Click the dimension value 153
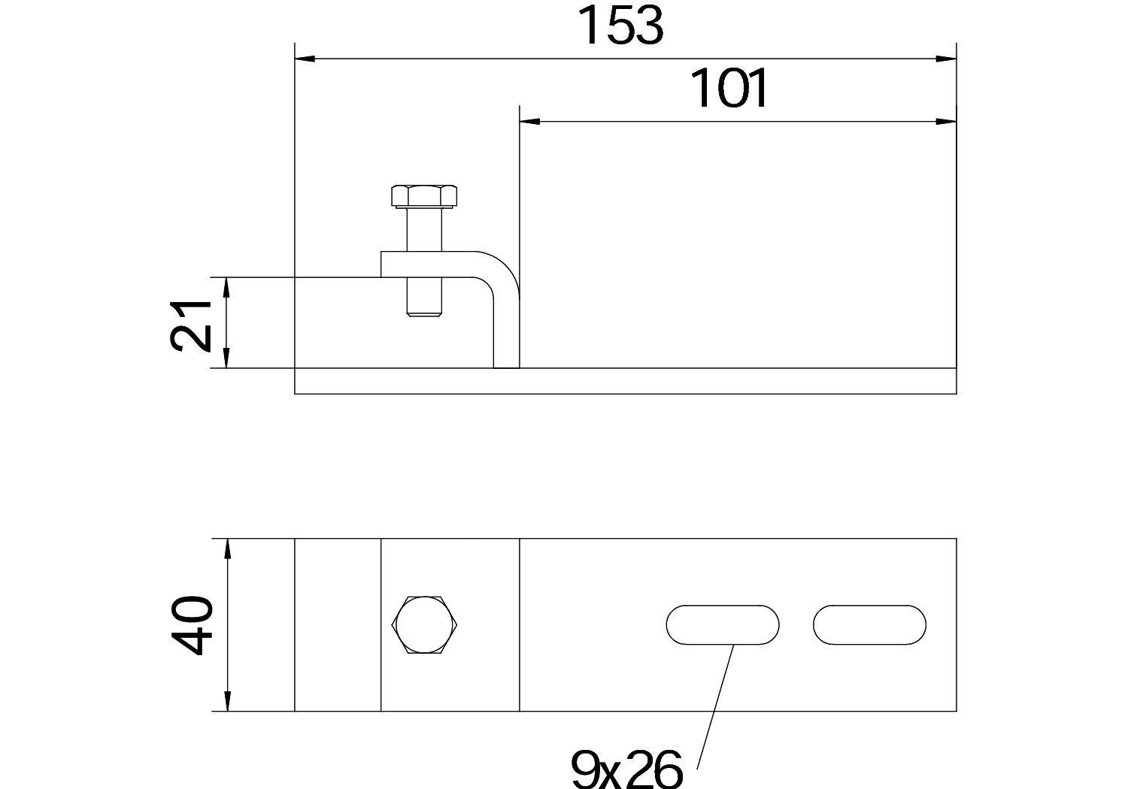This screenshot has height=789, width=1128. [621, 27]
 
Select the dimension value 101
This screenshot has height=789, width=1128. [729, 89]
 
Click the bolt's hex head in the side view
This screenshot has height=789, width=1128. [424, 197]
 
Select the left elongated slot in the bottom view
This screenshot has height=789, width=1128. [722, 624]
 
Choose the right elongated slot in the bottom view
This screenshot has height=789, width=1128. [869, 624]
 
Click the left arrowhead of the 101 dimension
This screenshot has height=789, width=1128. [529, 120]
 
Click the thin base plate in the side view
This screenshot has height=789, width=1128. [624, 381]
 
